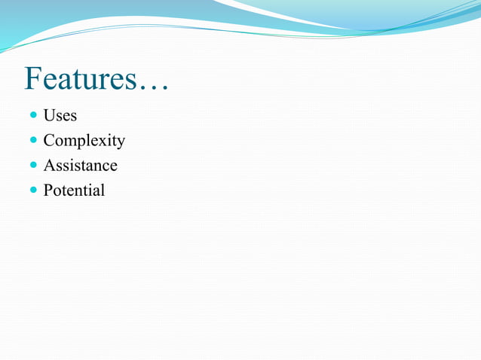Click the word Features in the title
(x=80, y=79)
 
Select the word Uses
(x=60, y=116)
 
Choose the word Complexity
(x=84, y=141)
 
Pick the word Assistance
(x=80, y=165)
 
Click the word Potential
(x=74, y=190)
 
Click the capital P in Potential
(x=48, y=190)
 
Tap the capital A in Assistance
(x=49, y=165)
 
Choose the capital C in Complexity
(x=49, y=141)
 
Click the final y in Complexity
(x=121, y=143)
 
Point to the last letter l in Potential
(x=103, y=190)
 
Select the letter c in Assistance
(x=106, y=166)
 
